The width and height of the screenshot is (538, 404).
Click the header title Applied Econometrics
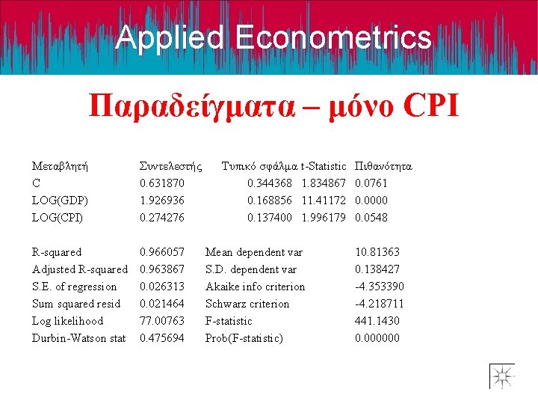point(273,37)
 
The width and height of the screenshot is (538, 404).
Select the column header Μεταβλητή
point(61,166)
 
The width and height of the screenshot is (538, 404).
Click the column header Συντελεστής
point(171,166)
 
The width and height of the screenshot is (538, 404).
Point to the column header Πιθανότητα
point(384,166)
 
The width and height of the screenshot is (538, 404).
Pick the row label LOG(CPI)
point(58,218)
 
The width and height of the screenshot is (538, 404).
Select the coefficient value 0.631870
point(162,183)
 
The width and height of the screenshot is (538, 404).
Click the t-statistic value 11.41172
point(324,201)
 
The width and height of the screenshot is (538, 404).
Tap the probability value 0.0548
point(371,218)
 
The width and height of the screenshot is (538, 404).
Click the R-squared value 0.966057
point(162,252)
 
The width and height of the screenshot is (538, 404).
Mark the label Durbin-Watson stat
point(78,338)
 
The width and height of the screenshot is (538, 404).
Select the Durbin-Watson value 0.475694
point(162,338)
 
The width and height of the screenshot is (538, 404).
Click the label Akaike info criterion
point(255,287)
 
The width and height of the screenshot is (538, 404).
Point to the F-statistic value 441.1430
point(377,321)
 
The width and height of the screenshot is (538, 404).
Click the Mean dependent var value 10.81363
point(377,252)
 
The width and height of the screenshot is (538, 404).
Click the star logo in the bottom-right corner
point(501,376)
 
